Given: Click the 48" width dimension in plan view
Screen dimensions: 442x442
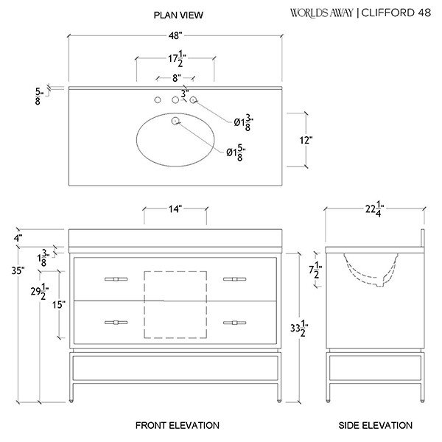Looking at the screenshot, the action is pyautogui.click(x=175, y=36).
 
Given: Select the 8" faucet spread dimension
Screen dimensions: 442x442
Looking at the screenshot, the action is pyautogui.click(x=177, y=78).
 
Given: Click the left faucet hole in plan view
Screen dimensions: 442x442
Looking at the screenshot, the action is pyautogui.click(x=158, y=99).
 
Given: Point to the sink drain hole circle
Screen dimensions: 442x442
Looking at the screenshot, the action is pyautogui.click(x=175, y=121).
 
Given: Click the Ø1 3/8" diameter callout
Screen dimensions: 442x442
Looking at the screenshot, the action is pyautogui.click(x=244, y=122).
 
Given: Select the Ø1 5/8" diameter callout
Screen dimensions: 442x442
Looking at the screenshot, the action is pyautogui.click(x=236, y=152).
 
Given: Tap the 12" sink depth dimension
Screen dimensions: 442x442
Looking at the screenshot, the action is pyautogui.click(x=306, y=140).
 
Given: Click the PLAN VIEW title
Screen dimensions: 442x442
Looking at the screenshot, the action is pyautogui.click(x=178, y=15).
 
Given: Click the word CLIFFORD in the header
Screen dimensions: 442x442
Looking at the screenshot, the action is pyautogui.click(x=388, y=13).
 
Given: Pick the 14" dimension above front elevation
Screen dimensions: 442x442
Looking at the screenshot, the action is pyautogui.click(x=175, y=209).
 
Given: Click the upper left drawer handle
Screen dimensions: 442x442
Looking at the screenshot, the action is pyautogui.click(x=116, y=279).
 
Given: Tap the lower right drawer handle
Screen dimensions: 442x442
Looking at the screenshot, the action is pyautogui.click(x=234, y=323).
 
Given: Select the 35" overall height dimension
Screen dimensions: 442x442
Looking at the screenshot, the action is pyautogui.click(x=18, y=270).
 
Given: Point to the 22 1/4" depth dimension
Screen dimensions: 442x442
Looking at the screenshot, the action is pyautogui.click(x=375, y=209).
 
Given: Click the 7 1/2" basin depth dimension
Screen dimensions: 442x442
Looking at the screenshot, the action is pyautogui.click(x=315, y=270).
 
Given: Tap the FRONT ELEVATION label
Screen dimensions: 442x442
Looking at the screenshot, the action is pyautogui.click(x=178, y=425).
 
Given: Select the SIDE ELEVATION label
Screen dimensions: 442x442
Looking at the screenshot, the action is pyautogui.click(x=376, y=425).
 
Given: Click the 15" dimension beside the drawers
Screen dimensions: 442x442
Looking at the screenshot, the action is pyautogui.click(x=59, y=305).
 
